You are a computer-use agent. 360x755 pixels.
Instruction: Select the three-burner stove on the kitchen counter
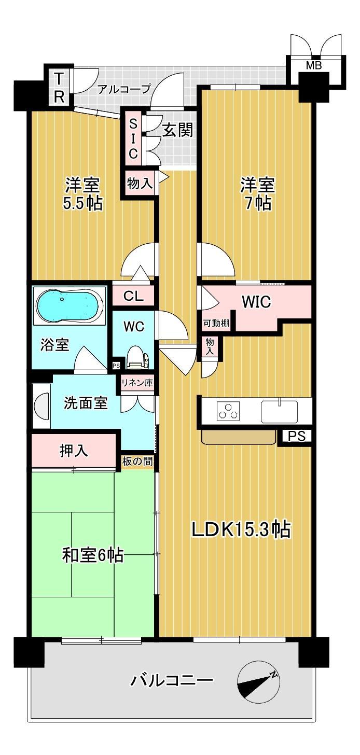pos(228,411)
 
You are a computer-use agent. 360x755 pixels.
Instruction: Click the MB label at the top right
pos(314,65)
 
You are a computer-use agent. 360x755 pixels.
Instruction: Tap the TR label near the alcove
pos(59,88)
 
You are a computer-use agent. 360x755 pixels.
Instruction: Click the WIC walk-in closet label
pos(256,302)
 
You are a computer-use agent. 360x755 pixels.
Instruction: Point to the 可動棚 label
pos(216,323)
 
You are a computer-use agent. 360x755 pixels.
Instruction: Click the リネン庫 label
pos(137,383)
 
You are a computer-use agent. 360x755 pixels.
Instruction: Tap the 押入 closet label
pos(74,450)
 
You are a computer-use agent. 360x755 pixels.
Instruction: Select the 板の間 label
pos(137,461)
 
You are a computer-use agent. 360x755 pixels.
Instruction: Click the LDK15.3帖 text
pos(241,529)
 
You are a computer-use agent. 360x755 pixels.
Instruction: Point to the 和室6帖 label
pos(93,555)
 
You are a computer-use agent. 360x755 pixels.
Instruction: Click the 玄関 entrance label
pos(178,130)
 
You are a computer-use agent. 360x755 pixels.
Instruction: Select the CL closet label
pos(133,296)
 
